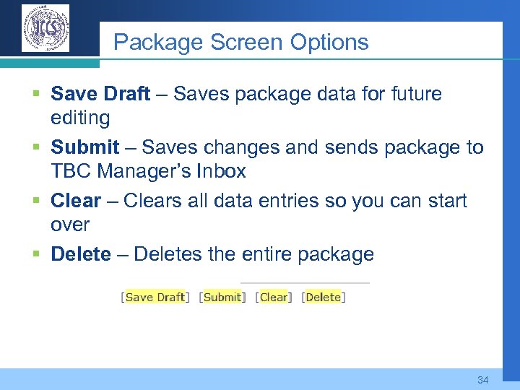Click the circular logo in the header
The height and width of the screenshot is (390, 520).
[45, 28]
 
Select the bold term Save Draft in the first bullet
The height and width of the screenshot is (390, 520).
[100, 94]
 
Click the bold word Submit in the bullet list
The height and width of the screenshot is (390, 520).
[84, 147]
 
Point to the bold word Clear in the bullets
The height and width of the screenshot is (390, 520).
[75, 201]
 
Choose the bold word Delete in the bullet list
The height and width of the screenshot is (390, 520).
[81, 254]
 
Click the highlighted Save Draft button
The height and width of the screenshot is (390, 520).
[155, 297]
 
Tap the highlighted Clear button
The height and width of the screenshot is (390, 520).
[274, 297]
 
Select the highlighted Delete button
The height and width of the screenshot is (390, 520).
[323, 297]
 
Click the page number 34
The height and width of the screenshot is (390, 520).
[483, 380]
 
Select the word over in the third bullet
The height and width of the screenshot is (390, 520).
[70, 225]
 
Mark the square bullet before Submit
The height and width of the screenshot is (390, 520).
[36, 148]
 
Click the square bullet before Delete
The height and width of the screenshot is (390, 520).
[36, 255]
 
